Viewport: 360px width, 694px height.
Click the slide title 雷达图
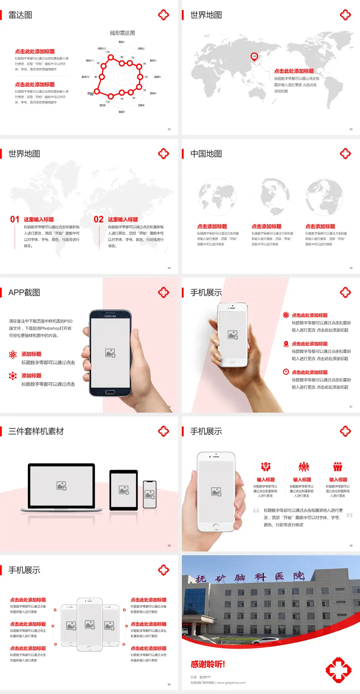coord(20,15)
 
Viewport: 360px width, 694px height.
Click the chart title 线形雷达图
coord(122,33)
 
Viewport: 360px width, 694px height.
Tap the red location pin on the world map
coord(254,57)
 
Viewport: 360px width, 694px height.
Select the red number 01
coord(15,219)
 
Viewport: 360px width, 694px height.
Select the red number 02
coord(99,219)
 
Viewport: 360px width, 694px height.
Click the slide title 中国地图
coord(206,154)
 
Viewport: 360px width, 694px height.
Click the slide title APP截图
coord(24,293)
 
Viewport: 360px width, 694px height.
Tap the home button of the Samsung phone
coord(110,392)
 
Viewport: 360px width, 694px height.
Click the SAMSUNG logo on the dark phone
coord(110,316)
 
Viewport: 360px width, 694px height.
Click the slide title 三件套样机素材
coord(36,431)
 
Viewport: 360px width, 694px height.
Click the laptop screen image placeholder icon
coord(61,486)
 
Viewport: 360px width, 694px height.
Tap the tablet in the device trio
coord(124,490)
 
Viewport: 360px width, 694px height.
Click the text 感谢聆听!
coord(208,664)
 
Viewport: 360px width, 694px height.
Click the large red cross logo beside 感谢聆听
coord(338,670)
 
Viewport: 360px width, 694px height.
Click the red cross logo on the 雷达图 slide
coord(163,15)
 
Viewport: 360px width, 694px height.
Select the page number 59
coord(351,545)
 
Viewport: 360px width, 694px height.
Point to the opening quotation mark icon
coord(256,511)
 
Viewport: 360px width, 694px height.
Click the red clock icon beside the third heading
coord(286,372)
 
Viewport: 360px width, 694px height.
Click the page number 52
coord(169,129)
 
